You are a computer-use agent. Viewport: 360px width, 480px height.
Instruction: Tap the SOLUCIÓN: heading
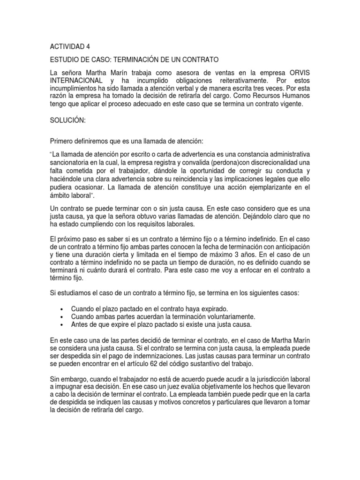click(x=67, y=120)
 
